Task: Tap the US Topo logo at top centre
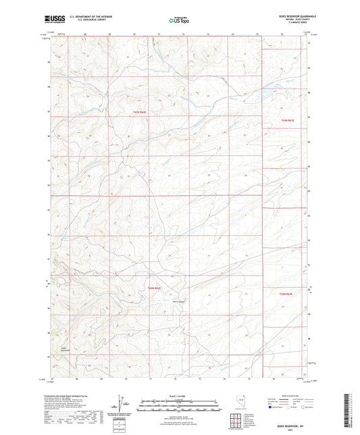(x=179, y=20)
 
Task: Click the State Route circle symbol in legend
(x=315, y=407)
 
